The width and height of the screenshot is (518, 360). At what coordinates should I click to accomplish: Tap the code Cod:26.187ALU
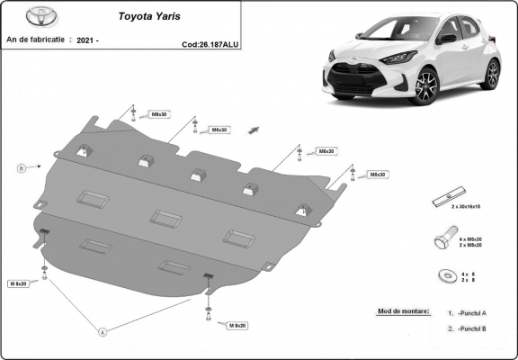click(x=209, y=42)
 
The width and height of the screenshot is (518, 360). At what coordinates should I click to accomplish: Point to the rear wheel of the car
click(x=491, y=72)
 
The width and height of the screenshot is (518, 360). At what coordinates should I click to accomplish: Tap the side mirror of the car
click(x=447, y=39)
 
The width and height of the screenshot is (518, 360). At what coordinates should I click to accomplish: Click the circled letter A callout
click(x=103, y=332)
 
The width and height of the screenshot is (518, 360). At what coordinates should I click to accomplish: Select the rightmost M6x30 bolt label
click(x=377, y=174)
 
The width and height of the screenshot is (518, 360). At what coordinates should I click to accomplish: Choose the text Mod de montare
click(x=398, y=311)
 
